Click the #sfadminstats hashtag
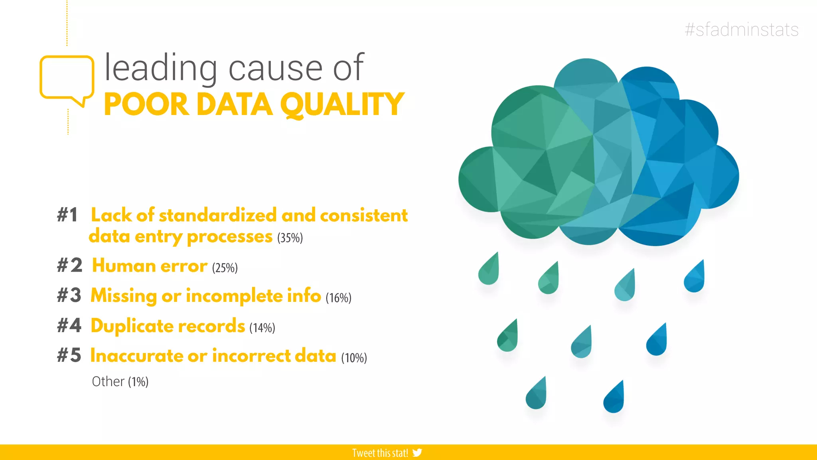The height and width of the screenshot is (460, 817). pyautogui.click(x=741, y=30)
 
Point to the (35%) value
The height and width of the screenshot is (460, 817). pyautogui.click(x=290, y=238)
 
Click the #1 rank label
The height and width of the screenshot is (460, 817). pyautogui.click(x=67, y=215)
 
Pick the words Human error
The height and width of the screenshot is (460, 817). pyautogui.click(x=150, y=266)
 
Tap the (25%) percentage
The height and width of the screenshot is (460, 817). pyautogui.click(x=225, y=268)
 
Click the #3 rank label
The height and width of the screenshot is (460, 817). pyautogui.click(x=69, y=296)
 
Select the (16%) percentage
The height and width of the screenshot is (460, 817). pyautogui.click(x=338, y=298)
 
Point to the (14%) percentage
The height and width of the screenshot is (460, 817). pyautogui.click(x=262, y=328)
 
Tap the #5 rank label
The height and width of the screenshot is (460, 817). pyautogui.click(x=69, y=355)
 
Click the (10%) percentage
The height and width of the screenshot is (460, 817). pyautogui.click(x=354, y=358)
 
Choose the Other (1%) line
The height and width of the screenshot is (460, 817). pyautogui.click(x=120, y=382)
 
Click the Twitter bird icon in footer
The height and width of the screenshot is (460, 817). pyautogui.click(x=417, y=453)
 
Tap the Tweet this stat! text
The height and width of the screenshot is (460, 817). pyautogui.click(x=380, y=453)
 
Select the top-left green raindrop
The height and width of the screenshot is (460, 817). pyautogui.click(x=489, y=271)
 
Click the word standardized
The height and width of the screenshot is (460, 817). pyautogui.click(x=217, y=215)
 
